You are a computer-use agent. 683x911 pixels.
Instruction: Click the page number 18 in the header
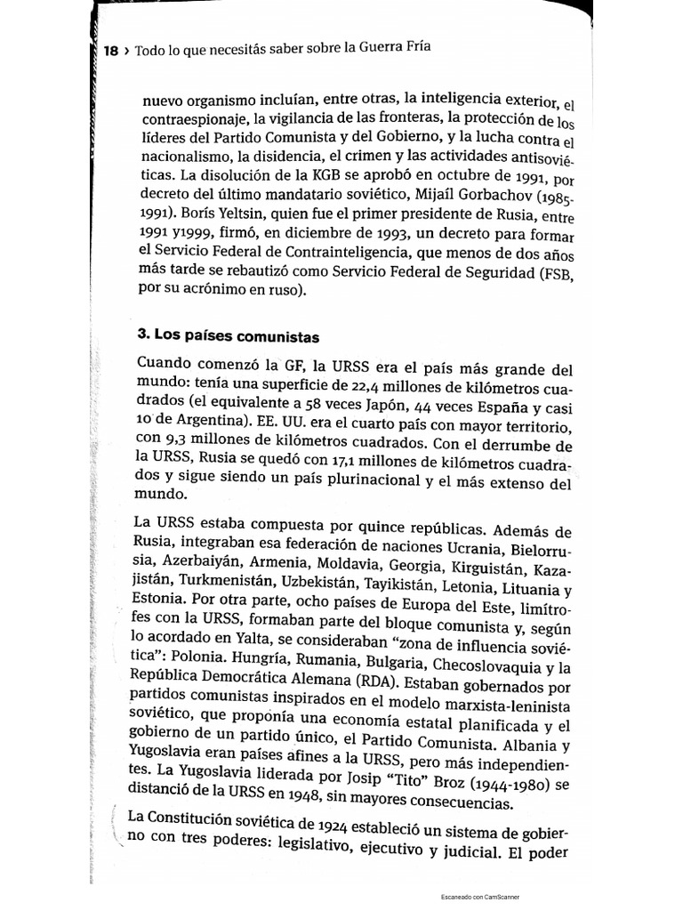[x=111, y=51]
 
